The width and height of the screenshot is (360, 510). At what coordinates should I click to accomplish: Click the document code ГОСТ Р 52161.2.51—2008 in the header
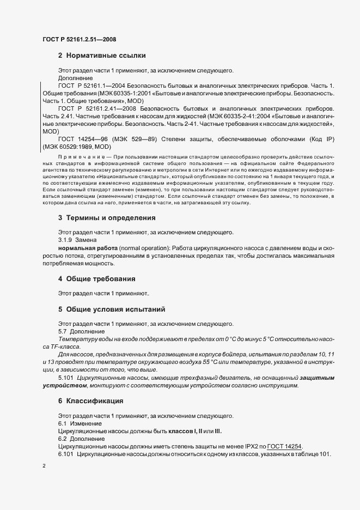pyautogui.click(x=79, y=39)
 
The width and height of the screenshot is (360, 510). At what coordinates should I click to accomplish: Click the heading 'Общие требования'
pyautogui.click(x=100, y=278)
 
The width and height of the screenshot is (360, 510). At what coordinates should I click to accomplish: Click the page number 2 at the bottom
pyautogui.click(x=44, y=466)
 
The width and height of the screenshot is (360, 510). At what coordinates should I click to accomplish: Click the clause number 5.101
pyautogui.click(x=66, y=378)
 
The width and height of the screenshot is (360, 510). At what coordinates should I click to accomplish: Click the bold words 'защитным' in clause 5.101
pyautogui.click(x=318, y=378)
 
